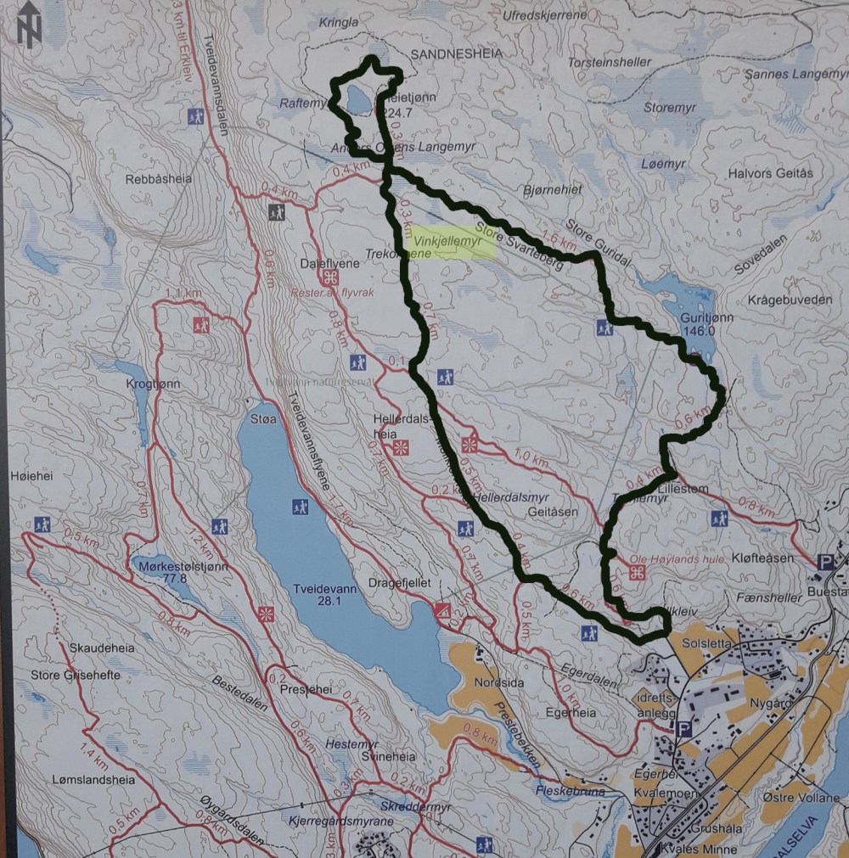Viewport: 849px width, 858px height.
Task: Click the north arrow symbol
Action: pyautogui.click(x=30, y=24)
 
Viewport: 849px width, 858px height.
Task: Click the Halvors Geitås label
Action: pyautogui.click(x=770, y=173)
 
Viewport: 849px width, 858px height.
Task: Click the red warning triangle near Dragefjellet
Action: pyautogui.click(x=441, y=610)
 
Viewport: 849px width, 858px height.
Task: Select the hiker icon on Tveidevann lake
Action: pyautogui.click(x=300, y=508)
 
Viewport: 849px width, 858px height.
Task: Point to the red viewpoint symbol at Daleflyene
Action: pyautogui.click(x=330, y=278)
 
